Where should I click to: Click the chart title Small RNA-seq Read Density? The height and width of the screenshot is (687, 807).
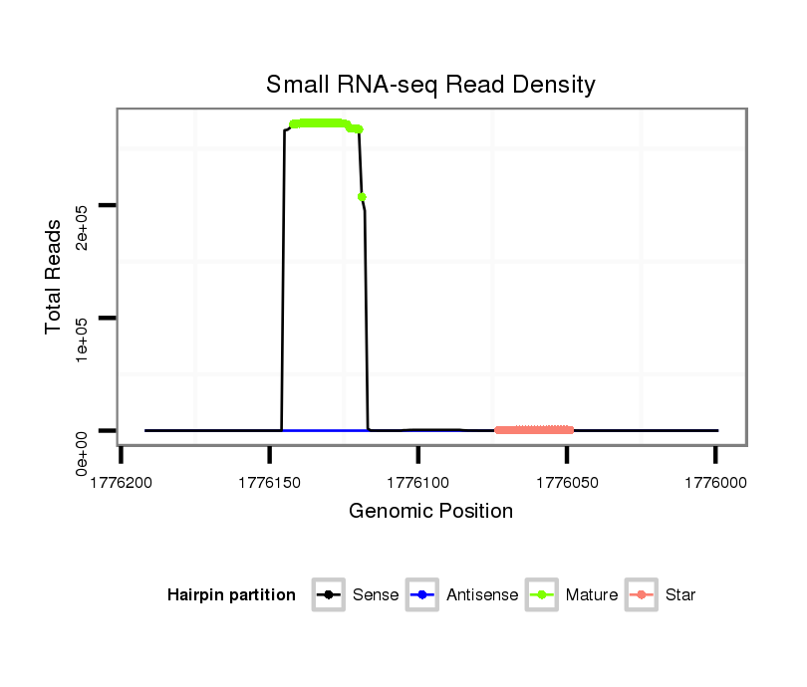pos(430,85)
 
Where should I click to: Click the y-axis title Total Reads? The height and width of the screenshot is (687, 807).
pos(55,277)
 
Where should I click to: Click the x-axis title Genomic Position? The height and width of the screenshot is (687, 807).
pos(430,512)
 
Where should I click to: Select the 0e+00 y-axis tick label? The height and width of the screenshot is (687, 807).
pos(84,452)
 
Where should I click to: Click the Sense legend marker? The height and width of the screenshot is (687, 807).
pos(327,595)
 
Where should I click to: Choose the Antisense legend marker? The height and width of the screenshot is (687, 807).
pos(421,595)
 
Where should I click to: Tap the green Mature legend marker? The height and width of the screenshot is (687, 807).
pos(540,595)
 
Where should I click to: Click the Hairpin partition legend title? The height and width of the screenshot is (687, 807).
pos(231,595)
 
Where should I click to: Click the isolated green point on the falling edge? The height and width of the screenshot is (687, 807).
pos(363,197)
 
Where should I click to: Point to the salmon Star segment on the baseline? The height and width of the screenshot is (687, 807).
pos(534,430)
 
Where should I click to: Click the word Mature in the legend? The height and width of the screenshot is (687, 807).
pos(591,595)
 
